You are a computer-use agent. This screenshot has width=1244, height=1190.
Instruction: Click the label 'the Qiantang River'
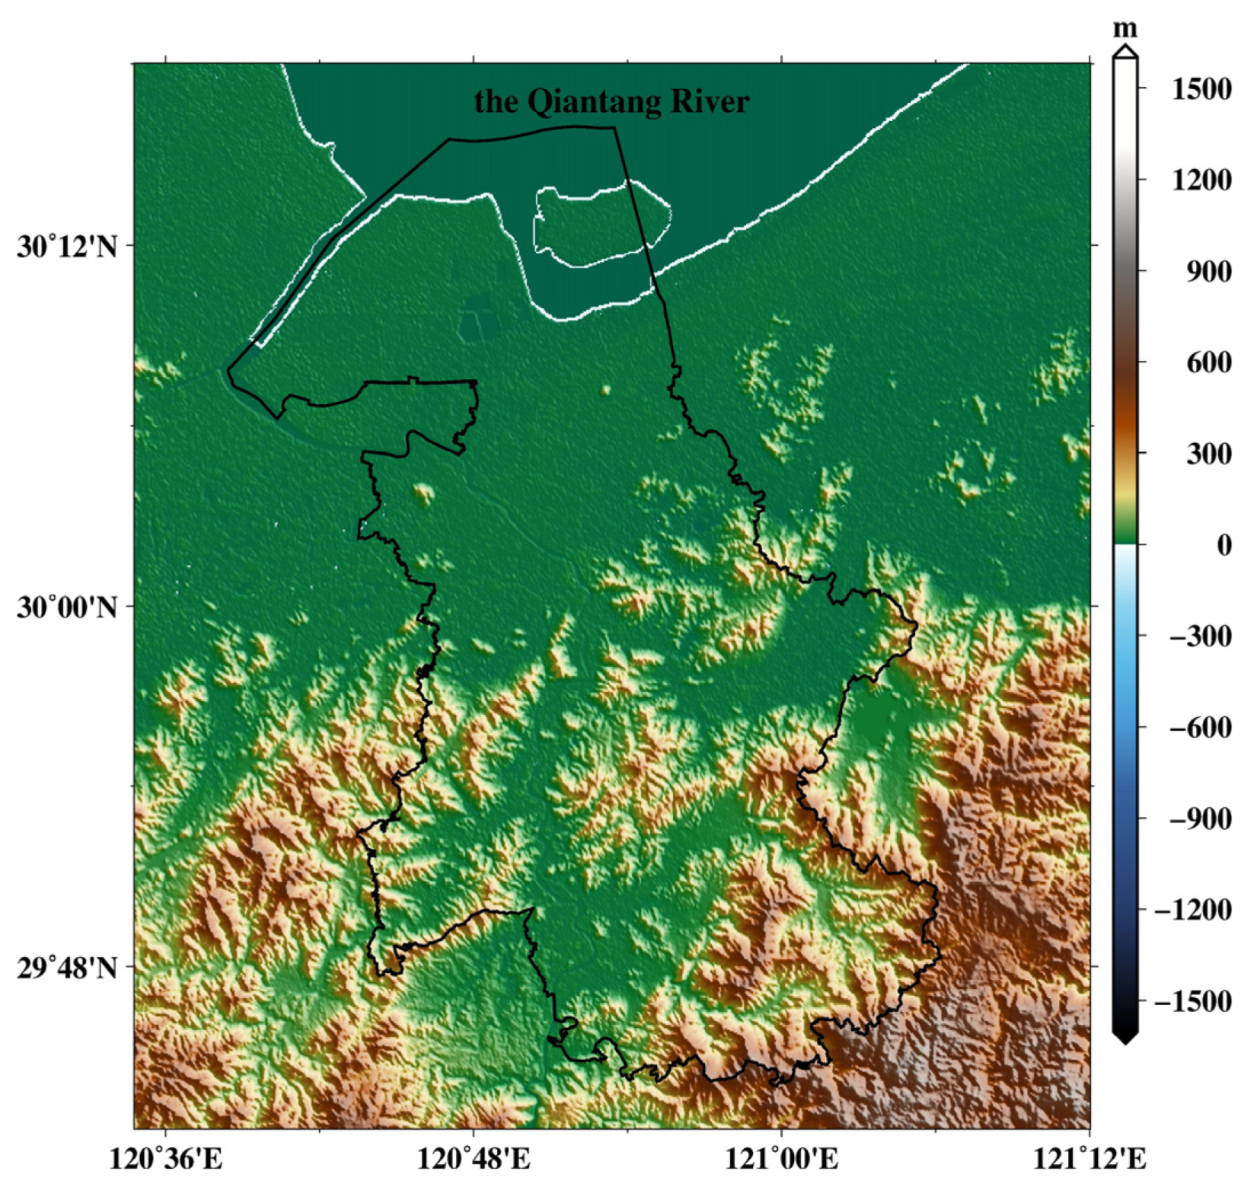[x=611, y=101]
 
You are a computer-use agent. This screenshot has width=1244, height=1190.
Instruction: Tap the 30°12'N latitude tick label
[x=68, y=247]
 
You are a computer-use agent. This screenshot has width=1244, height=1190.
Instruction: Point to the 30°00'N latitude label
[x=68, y=608]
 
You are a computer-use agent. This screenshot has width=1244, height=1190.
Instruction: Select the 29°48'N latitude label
[x=68, y=968]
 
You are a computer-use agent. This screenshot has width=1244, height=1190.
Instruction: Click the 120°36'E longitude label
[x=166, y=1158]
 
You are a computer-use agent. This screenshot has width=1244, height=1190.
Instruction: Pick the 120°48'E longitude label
[x=474, y=1158]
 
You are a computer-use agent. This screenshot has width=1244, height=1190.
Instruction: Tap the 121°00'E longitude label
[x=782, y=1158]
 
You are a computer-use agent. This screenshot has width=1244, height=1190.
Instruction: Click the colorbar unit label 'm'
[x=1124, y=29]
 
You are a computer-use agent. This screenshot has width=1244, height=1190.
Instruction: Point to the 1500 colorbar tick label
[x=1201, y=89]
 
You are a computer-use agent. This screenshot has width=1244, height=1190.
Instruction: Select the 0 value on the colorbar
[x=1223, y=545]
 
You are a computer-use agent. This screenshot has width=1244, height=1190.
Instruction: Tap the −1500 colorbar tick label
[x=1192, y=1000]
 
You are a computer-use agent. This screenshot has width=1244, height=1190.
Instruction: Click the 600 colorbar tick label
[x=1208, y=362]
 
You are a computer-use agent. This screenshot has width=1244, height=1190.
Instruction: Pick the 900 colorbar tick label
[x=1208, y=271]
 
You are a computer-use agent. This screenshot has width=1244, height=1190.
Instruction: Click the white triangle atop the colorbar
[x=1124, y=51]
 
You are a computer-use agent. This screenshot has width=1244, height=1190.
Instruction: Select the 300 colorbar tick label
[x=1208, y=454]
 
